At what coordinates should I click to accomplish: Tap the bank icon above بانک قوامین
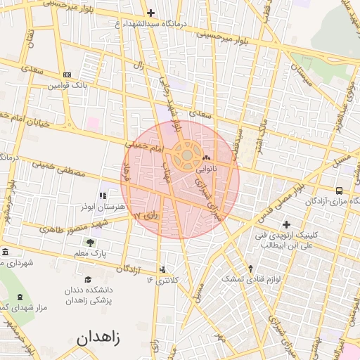[67, 75]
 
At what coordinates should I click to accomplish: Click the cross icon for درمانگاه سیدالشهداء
[150, 13]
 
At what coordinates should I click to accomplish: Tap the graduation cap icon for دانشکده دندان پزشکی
[87, 278]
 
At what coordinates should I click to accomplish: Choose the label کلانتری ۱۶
[162, 280]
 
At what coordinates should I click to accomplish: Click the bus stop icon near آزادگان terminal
[340, 191]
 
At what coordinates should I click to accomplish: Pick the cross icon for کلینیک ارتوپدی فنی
[285, 224]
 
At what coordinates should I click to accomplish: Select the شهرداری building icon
[6, 252]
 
